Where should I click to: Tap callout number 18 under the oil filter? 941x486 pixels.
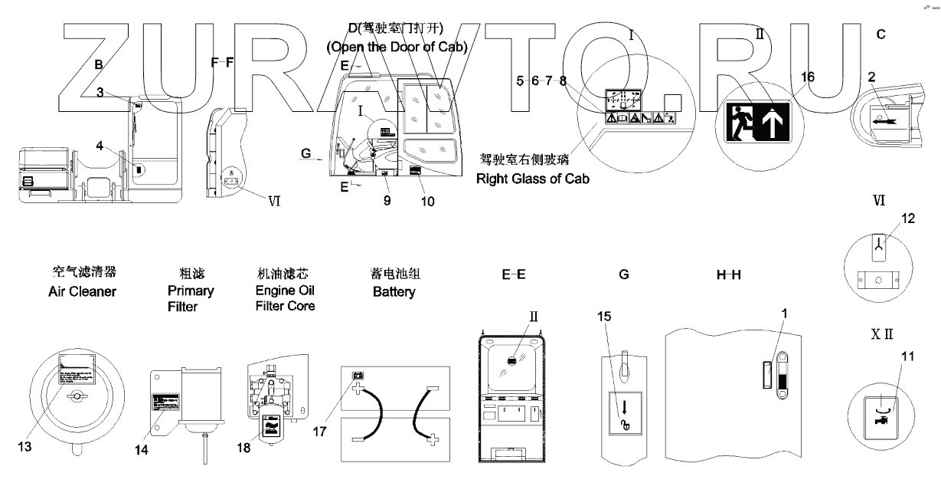(243, 446)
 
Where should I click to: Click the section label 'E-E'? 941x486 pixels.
(513, 273)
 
